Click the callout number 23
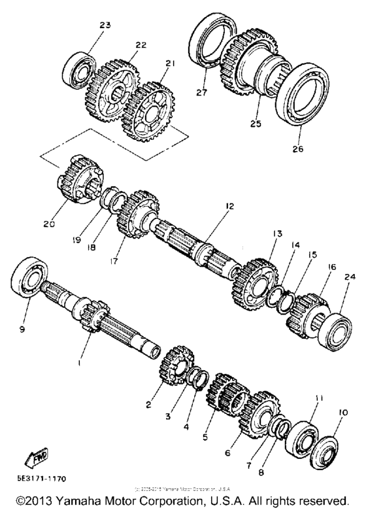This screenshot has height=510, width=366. (x=105, y=25)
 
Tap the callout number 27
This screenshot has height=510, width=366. (x=201, y=93)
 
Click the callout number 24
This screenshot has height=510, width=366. (x=351, y=277)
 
